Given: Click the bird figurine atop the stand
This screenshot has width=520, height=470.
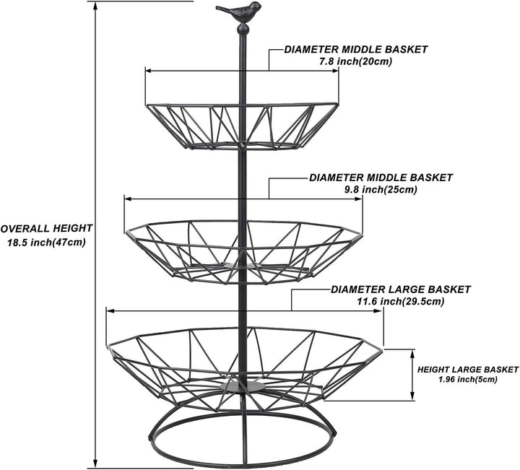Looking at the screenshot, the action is (x=240, y=12).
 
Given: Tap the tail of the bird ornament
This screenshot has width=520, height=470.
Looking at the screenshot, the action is (x=222, y=9).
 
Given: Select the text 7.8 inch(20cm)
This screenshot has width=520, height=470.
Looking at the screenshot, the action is (x=355, y=61).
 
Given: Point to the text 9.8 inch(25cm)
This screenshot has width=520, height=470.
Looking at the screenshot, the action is (x=381, y=190).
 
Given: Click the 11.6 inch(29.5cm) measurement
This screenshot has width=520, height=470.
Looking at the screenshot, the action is (x=400, y=302).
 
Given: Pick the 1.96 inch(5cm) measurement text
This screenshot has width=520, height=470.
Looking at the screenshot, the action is (x=468, y=380).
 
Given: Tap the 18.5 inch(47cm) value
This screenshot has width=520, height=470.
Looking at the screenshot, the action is (x=46, y=243).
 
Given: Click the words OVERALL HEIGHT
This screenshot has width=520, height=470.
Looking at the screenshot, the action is (x=46, y=228).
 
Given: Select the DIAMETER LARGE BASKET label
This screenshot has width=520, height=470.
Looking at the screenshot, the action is (x=401, y=290).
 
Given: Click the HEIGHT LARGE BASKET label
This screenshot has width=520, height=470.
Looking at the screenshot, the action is (x=467, y=369).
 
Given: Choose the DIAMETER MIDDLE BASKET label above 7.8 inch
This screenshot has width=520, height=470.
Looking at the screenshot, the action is (x=356, y=49).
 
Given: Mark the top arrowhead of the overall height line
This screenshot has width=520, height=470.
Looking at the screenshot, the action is (x=95, y=6).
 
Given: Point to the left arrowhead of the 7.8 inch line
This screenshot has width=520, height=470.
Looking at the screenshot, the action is (x=149, y=71).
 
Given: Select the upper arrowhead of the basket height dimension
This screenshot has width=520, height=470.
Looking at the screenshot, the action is (x=412, y=353).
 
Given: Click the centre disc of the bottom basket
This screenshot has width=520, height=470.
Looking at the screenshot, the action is (x=243, y=386).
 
